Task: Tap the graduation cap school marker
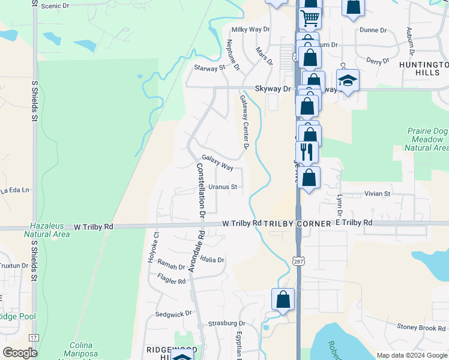coord(348,80)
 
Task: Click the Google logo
coord(20,353)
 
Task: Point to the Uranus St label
coord(225,187)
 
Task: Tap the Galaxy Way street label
coord(217,162)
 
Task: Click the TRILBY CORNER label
coord(298,223)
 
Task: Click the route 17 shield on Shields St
coord(34,338)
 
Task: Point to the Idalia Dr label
coord(212,260)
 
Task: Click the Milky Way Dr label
coord(247,29)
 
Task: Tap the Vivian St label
coord(378,194)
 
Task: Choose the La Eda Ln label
coord(14,190)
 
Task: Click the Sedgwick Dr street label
coord(173,313)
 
